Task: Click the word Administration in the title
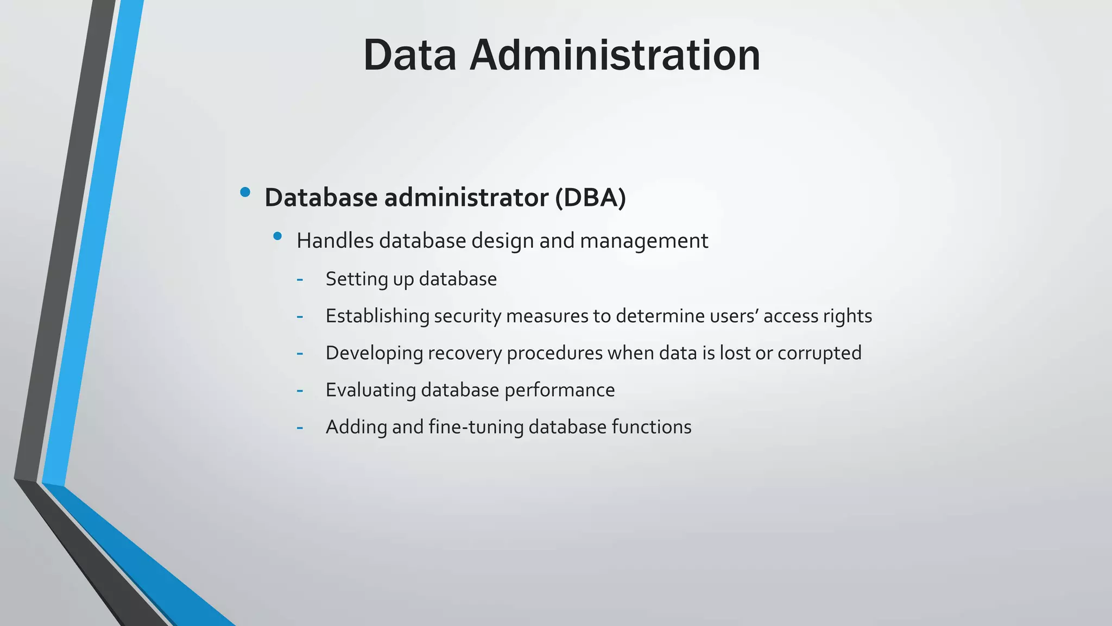(615, 55)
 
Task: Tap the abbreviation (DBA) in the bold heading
(590, 197)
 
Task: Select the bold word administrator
(466, 197)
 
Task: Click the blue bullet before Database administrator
(245, 192)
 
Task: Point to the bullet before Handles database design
(277, 236)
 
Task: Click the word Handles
(335, 241)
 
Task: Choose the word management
(644, 241)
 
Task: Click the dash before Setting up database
(300, 280)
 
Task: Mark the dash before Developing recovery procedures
(300, 354)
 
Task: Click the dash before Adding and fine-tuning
(300, 428)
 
